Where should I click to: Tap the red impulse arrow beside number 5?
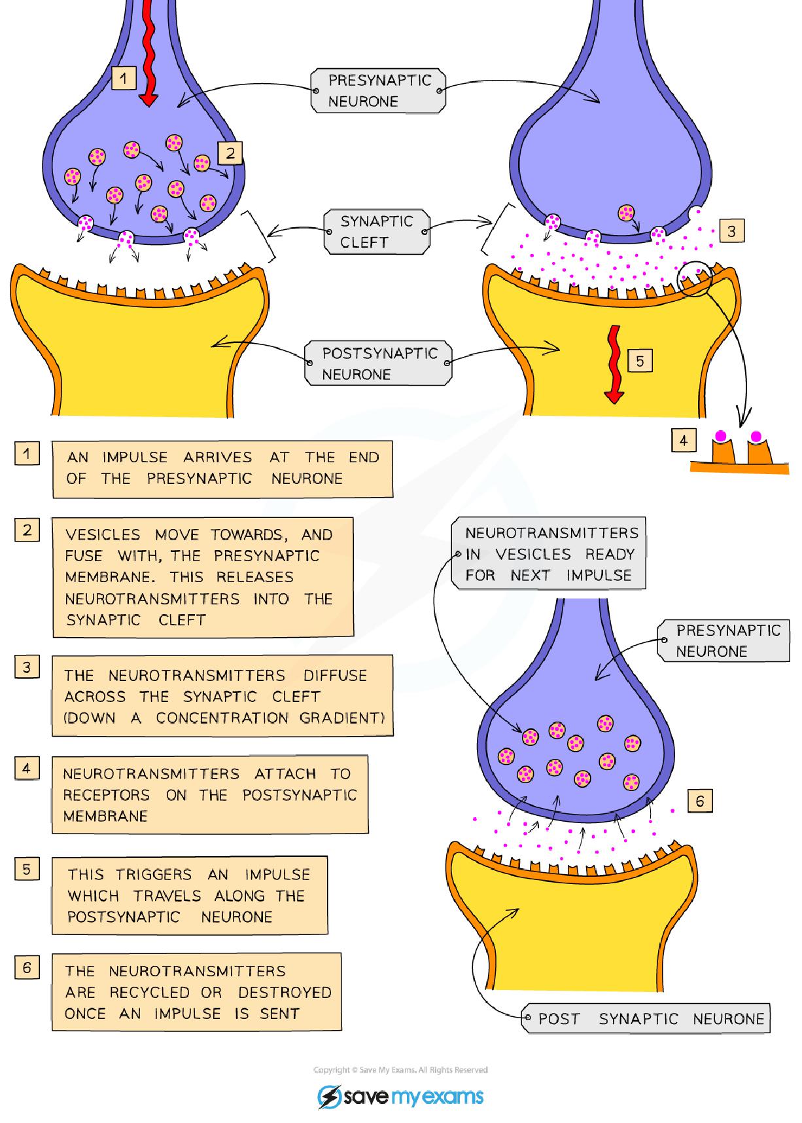(614, 363)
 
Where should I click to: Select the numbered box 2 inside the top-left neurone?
(230, 153)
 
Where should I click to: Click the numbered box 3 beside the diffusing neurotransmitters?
(731, 230)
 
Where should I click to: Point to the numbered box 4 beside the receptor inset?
(683, 440)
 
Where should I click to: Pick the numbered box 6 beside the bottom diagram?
(700, 801)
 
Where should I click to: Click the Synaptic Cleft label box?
(377, 231)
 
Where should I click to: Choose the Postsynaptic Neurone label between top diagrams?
(379, 363)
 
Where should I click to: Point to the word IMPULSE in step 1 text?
(135, 457)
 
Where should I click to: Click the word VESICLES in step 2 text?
(103, 535)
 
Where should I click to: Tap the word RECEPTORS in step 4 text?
(106, 795)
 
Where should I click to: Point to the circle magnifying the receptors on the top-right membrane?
(693, 278)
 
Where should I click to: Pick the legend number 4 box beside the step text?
(27, 767)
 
